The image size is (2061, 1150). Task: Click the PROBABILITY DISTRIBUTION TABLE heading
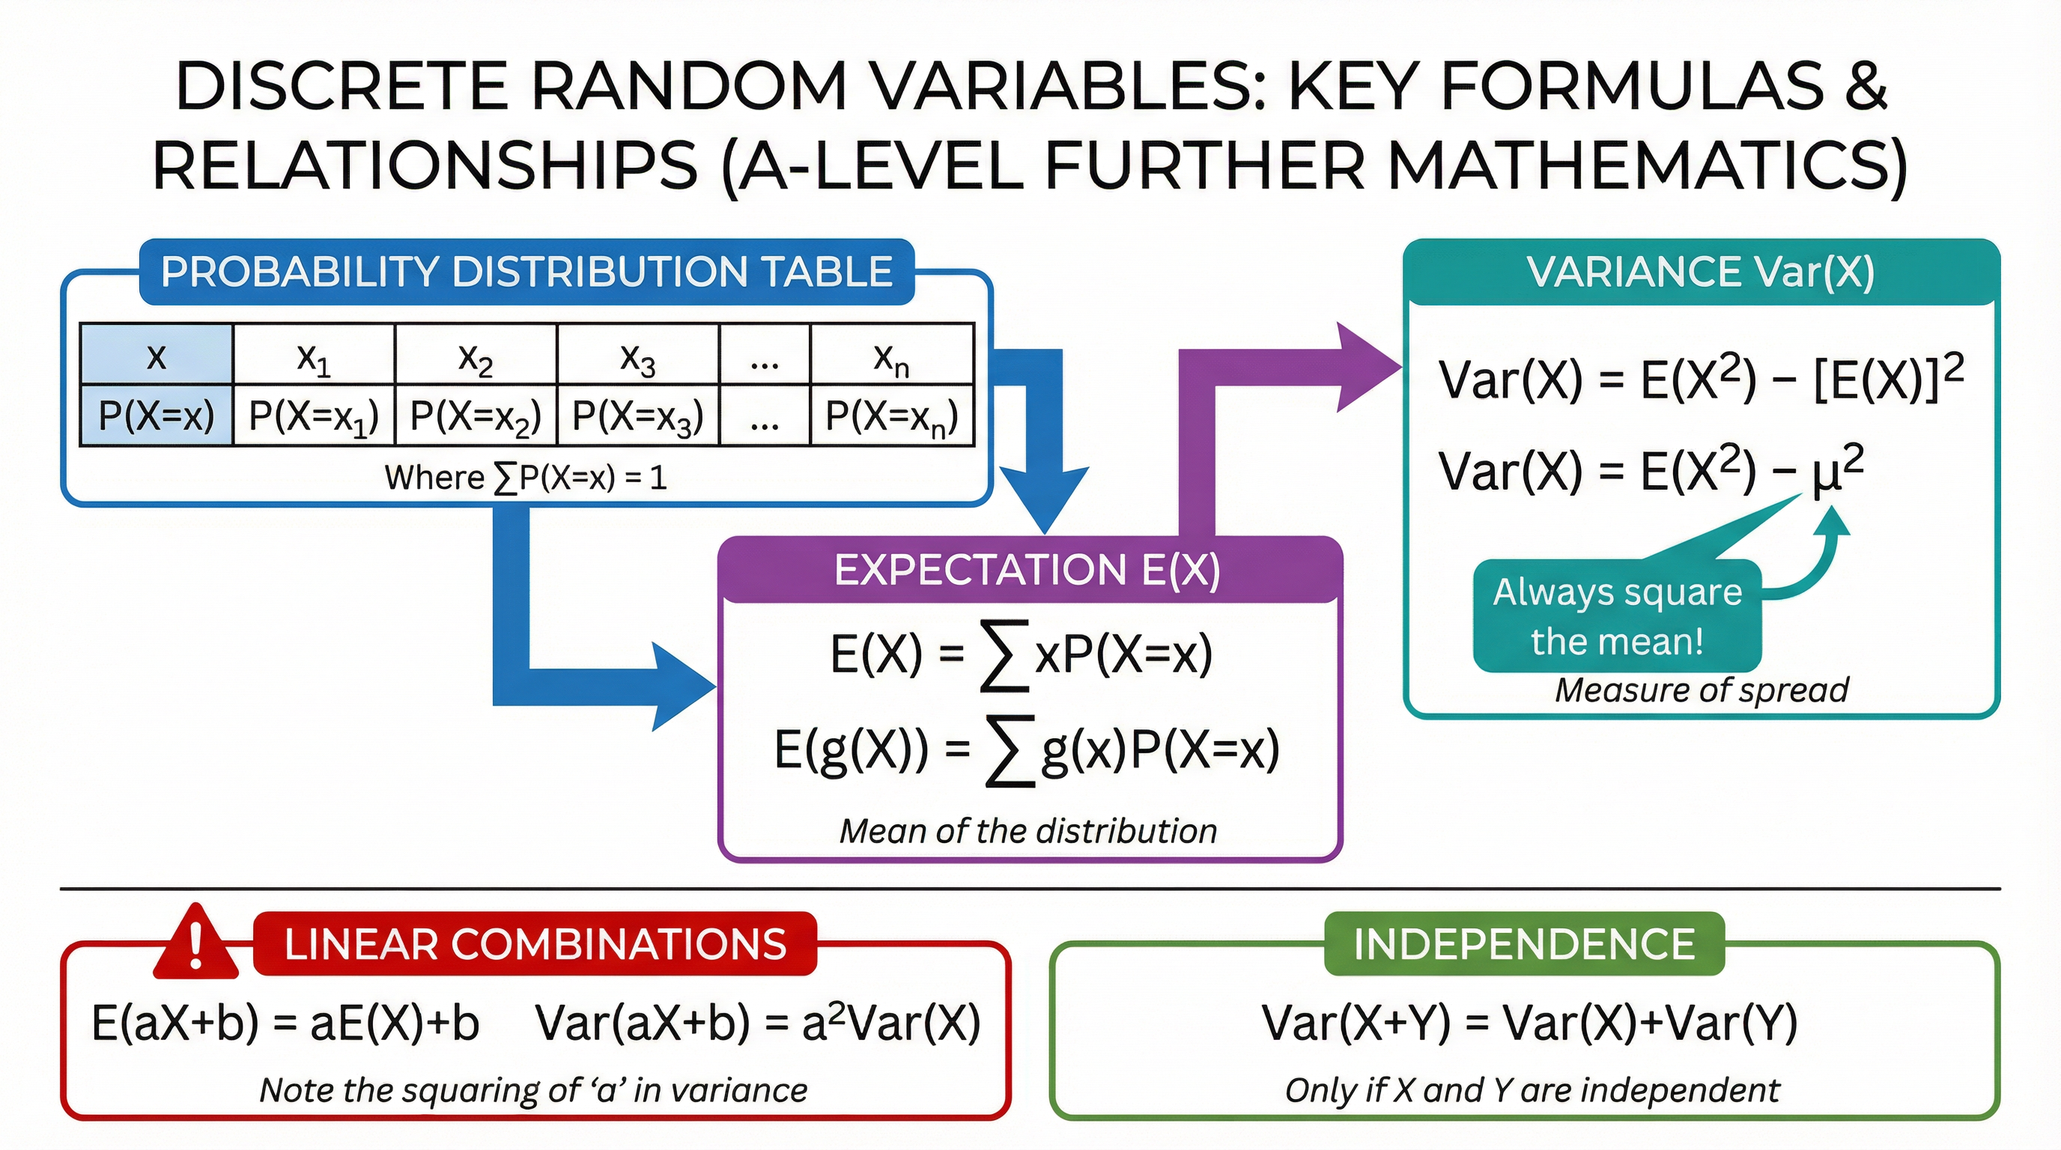coord(526,272)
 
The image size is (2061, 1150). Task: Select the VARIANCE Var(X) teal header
coord(1701,272)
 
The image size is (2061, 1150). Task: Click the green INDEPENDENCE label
coord(1524,943)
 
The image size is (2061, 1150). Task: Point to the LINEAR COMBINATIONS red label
coord(535,943)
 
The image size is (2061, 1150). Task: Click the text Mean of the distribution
coord(1028,832)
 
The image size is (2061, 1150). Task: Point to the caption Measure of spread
coord(1701,690)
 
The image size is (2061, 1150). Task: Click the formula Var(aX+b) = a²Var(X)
coord(758,1023)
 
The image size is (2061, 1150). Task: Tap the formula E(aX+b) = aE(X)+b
coord(285,1023)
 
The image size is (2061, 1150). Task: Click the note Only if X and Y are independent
coord(1532,1090)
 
